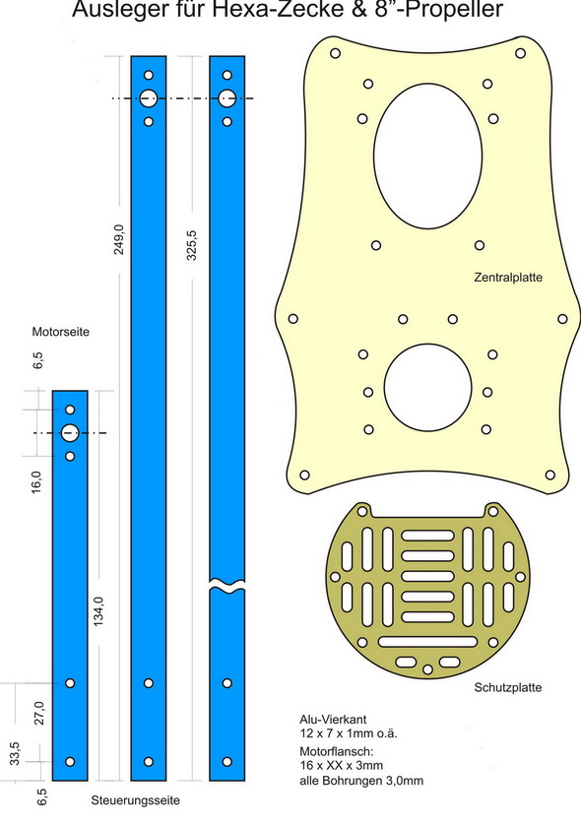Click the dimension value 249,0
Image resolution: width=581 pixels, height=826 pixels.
[119, 239]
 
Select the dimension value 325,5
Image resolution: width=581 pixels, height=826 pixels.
[192, 245]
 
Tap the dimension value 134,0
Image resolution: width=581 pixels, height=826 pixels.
[98, 611]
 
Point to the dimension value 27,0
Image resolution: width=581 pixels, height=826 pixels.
[39, 713]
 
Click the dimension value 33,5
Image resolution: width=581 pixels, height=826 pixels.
[14, 753]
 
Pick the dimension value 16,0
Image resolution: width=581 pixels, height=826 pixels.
[36, 482]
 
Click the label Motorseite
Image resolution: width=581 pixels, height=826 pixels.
[61, 332]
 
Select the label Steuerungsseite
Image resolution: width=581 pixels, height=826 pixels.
[135, 800]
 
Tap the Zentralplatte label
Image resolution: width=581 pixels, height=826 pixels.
[508, 277]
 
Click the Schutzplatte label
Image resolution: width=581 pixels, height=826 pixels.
[508, 687]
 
